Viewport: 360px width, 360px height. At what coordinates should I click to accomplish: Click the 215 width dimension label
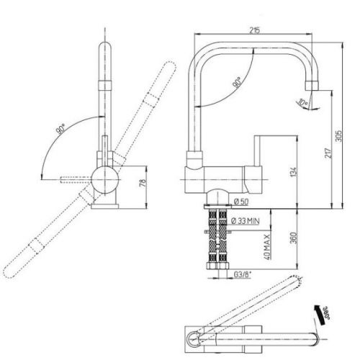pyautogui.click(x=254, y=30)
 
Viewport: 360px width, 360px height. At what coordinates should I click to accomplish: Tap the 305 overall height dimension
pyautogui.click(x=339, y=136)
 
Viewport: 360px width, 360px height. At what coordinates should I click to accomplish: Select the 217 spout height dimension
pyautogui.click(x=328, y=153)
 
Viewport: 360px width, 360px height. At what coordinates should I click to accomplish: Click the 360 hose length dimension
pyautogui.click(x=293, y=238)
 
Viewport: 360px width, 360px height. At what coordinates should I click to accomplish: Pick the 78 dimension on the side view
pyautogui.click(x=143, y=183)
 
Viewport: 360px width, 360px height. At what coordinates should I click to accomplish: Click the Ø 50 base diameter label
pyautogui.click(x=241, y=202)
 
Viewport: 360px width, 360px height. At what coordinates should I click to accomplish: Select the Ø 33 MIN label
pyautogui.click(x=246, y=220)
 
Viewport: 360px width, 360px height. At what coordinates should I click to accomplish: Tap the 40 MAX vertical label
pyautogui.click(x=266, y=246)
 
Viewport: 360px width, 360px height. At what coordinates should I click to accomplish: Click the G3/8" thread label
pyautogui.click(x=243, y=274)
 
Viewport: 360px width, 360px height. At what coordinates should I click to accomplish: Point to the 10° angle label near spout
pyautogui.click(x=302, y=103)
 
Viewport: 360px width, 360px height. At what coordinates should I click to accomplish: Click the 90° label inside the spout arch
pyautogui.click(x=237, y=82)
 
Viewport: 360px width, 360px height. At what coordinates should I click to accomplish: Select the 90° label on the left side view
pyautogui.click(x=60, y=129)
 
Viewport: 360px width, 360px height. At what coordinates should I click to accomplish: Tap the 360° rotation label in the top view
pyautogui.click(x=325, y=312)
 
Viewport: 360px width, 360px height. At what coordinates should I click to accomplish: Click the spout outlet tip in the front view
pyautogui.click(x=312, y=86)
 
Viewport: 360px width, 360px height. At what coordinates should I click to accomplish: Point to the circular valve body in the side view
pyautogui.click(x=105, y=180)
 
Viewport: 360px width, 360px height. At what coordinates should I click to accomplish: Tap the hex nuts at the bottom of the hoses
pyautogui.click(x=217, y=266)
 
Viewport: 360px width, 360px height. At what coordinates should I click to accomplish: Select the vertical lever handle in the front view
pyautogui.click(x=257, y=150)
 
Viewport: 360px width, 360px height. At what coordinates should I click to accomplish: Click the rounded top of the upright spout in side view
pyautogui.click(x=105, y=45)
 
